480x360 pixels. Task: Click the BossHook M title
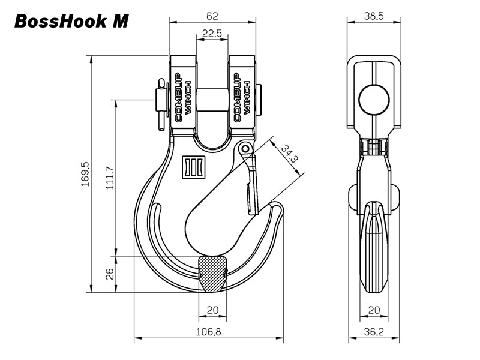pyautogui.click(x=70, y=21)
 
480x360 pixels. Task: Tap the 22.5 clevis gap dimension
pyautogui.click(x=212, y=34)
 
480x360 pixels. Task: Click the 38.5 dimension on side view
pyautogui.click(x=374, y=16)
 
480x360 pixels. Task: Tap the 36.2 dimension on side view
pyautogui.click(x=374, y=331)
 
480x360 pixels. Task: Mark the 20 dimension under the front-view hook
pyautogui.click(x=212, y=310)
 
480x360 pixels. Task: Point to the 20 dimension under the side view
pyautogui.click(x=374, y=310)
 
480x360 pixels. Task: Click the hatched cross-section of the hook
pyautogui.click(x=212, y=273)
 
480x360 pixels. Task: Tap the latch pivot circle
pyautogui.click(x=244, y=148)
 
